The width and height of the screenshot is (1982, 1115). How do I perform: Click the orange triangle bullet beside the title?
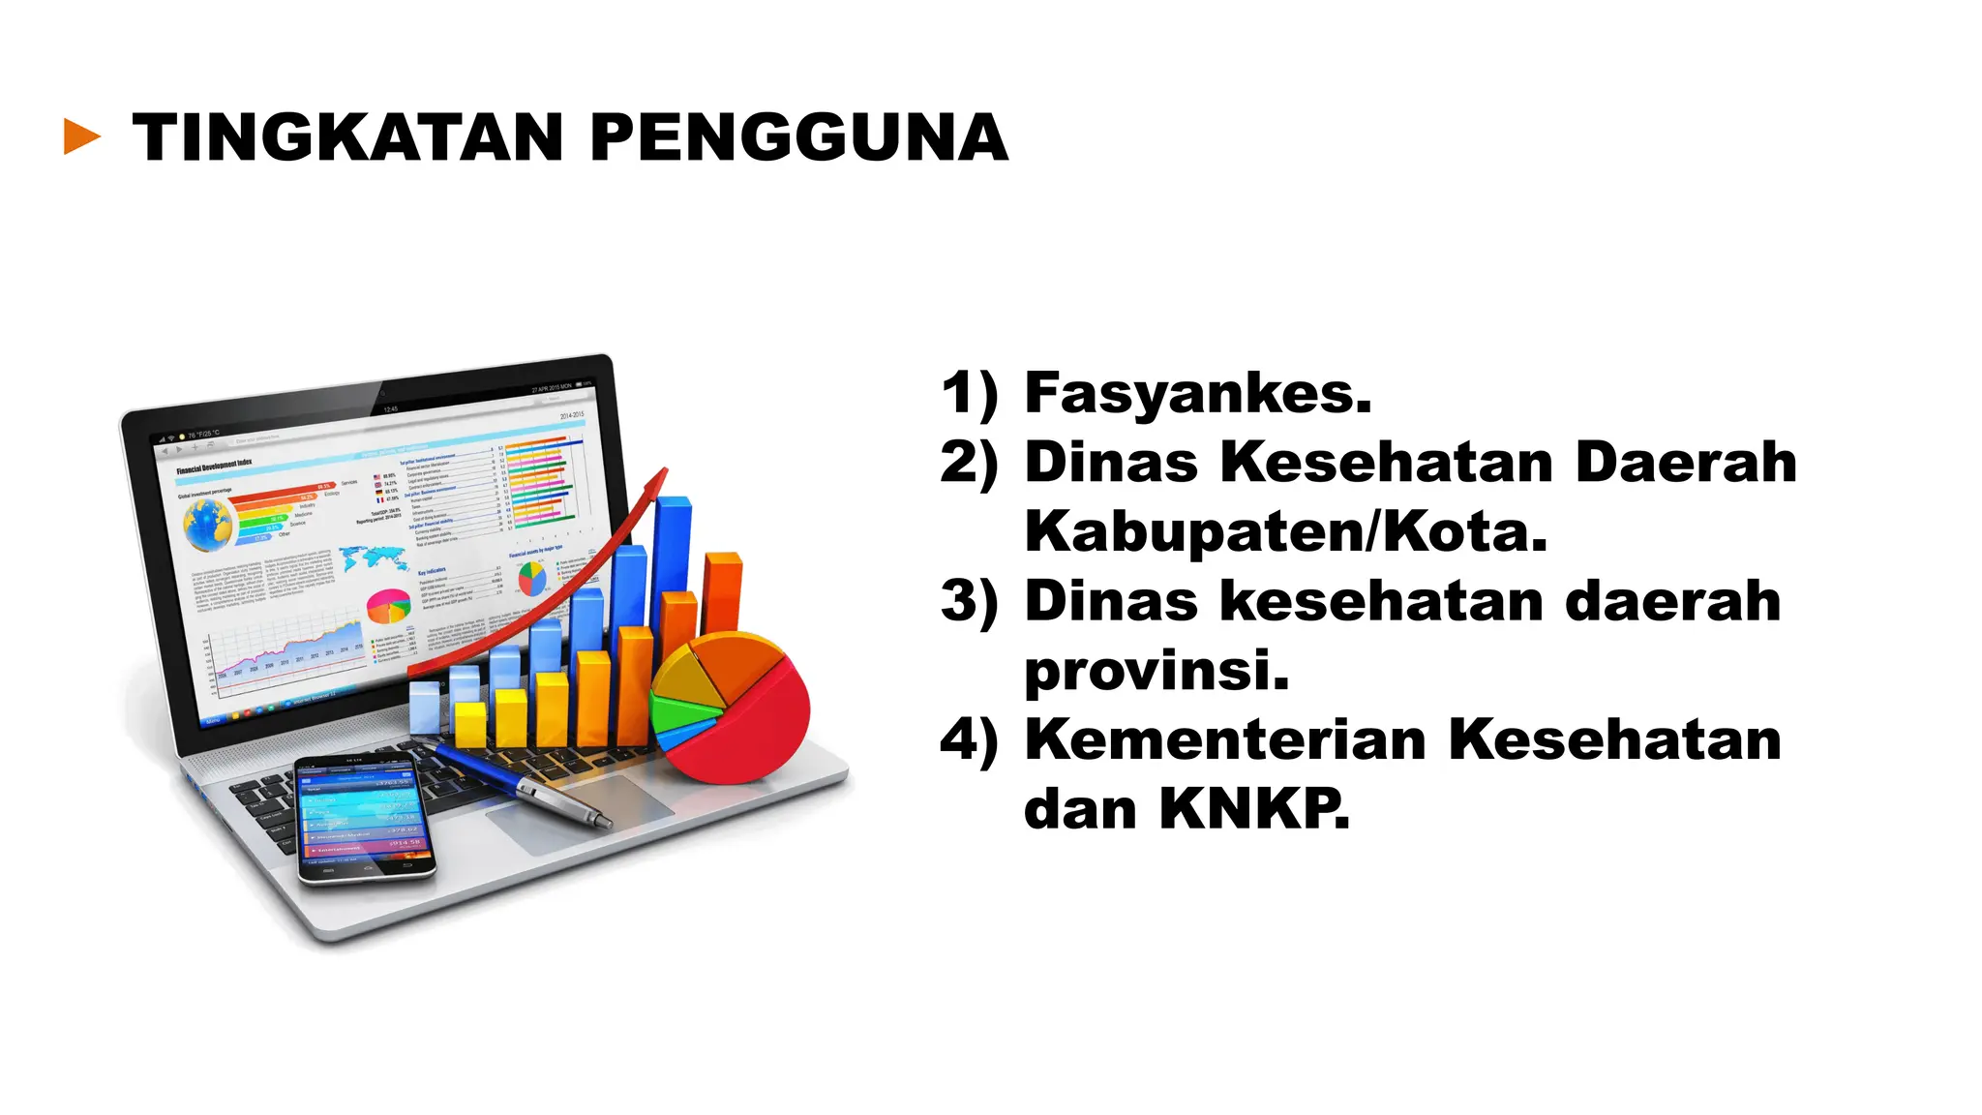point(81,136)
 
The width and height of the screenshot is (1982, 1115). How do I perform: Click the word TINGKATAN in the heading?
point(347,137)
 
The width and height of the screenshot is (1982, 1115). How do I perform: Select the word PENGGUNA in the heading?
point(798,137)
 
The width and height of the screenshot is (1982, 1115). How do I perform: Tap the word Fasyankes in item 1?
point(1197,394)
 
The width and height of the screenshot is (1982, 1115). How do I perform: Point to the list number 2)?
point(969,463)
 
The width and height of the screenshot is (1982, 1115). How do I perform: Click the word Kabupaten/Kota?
point(1285,531)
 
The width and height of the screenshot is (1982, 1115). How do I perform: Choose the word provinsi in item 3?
point(1156,670)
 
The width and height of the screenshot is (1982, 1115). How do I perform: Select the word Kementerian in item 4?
point(1225,739)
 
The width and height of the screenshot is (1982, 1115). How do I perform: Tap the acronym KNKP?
point(1254,808)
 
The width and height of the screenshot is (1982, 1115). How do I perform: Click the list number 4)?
point(969,740)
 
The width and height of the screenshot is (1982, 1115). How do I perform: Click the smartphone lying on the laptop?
point(364,819)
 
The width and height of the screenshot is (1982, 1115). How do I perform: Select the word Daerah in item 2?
point(1685,463)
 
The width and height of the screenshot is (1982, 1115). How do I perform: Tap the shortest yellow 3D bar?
point(469,723)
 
